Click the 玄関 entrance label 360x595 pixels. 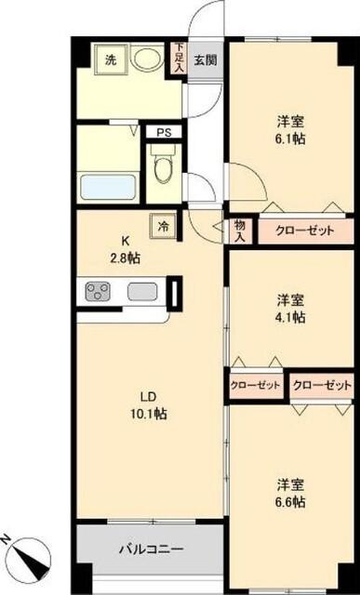(x=205, y=60)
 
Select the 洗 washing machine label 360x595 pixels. (x=111, y=60)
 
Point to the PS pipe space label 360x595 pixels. (x=164, y=133)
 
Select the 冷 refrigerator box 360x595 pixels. (x=164, y=226)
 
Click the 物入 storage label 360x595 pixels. (x=240, y=230)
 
